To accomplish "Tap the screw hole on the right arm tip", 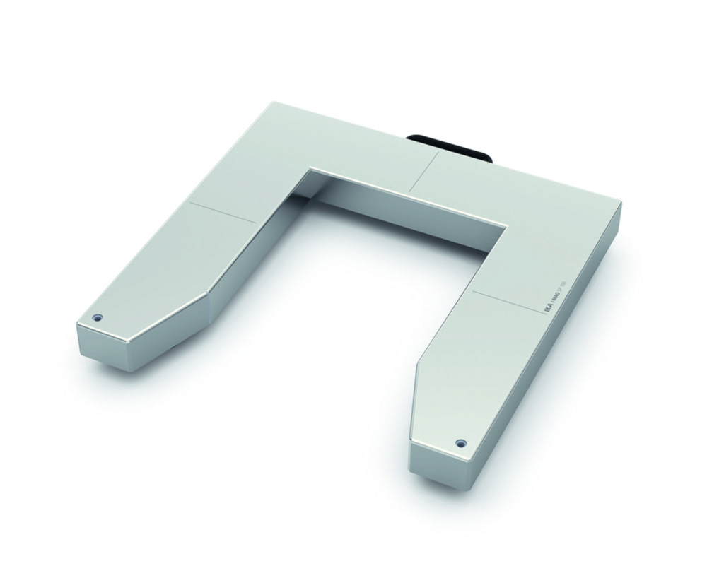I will coord(461,442).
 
